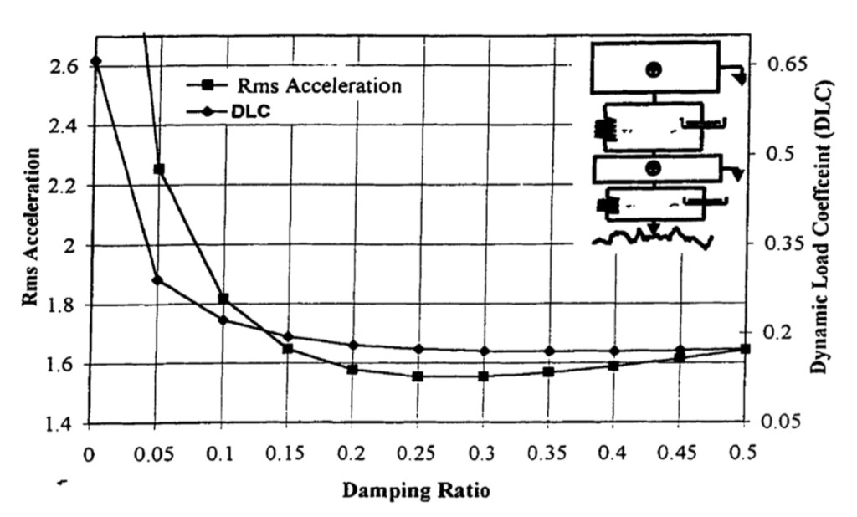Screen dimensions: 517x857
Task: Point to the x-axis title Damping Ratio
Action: (x=416, y=489)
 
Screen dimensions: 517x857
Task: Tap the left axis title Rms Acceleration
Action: (x=31, y=228)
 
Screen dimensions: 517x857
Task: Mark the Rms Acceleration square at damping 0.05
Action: (x=158, y=169)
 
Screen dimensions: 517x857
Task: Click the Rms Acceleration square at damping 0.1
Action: (x=223, y=299)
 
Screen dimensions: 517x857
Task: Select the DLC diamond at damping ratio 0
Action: (x=95, y=61)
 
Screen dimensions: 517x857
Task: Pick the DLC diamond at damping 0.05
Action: (x=157, y=279)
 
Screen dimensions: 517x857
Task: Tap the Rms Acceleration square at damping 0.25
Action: (x=418, y=376)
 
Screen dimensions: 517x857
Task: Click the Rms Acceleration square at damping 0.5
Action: (x=745, y=349)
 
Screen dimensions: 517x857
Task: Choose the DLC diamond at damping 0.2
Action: (x=352, y=345)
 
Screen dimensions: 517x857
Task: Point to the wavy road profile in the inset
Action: (x=653, y=239)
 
